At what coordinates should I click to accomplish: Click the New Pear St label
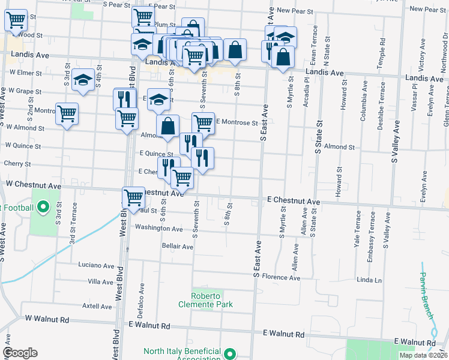(x=295, y=11)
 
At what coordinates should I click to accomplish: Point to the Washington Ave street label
(x=158, y=229)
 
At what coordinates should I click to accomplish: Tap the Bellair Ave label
(x=178, y=247)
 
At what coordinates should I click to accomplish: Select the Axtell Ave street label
(x=97, y=307)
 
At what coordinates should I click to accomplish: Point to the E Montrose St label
(x=236, y=122)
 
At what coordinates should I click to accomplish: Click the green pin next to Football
(x=43, y=208)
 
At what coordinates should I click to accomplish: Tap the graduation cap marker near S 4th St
(x=83, y=80)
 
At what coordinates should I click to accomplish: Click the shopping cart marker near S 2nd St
(x=67, y=113)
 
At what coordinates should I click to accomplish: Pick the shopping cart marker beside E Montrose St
(x=203, y=122)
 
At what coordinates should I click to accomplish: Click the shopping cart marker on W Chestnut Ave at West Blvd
(x=133, y=197)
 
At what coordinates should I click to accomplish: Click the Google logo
(x=20, y=353)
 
